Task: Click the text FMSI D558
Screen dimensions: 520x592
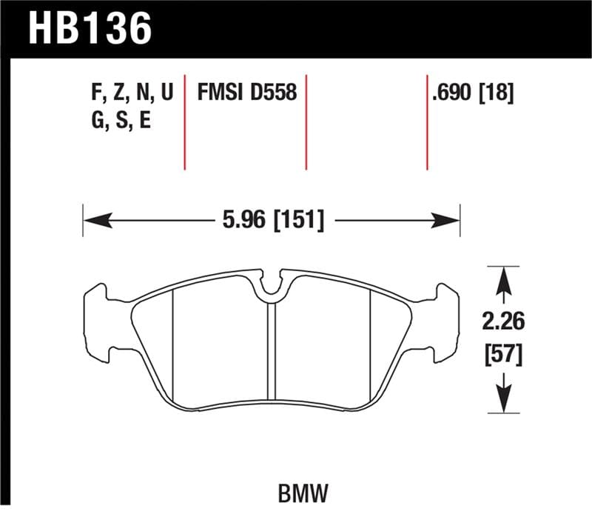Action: pyautogui.click(x=246, y=93)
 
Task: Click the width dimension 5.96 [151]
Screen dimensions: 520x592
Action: pyautogui.click(x=272, y=219)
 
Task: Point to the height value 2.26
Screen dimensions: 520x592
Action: pyautogui.click(x=504, y=322)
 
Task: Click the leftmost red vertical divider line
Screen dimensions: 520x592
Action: pyautogui.click(x=184, y=122)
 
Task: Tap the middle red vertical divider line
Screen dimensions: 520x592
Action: pyautogui.click(x=306, y=122)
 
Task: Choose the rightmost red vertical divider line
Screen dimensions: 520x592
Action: pyautogui.click(x=427, y=122)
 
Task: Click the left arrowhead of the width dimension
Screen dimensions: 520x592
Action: pyautogui.click(x=93, y=219)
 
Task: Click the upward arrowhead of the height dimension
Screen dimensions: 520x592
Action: pyautogui.click(x=504, y=278)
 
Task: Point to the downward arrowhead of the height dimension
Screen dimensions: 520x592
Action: pyautogui.click(x=504, y=403)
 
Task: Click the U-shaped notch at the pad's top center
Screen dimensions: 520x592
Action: pyautogui.click(x=272, y=285)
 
